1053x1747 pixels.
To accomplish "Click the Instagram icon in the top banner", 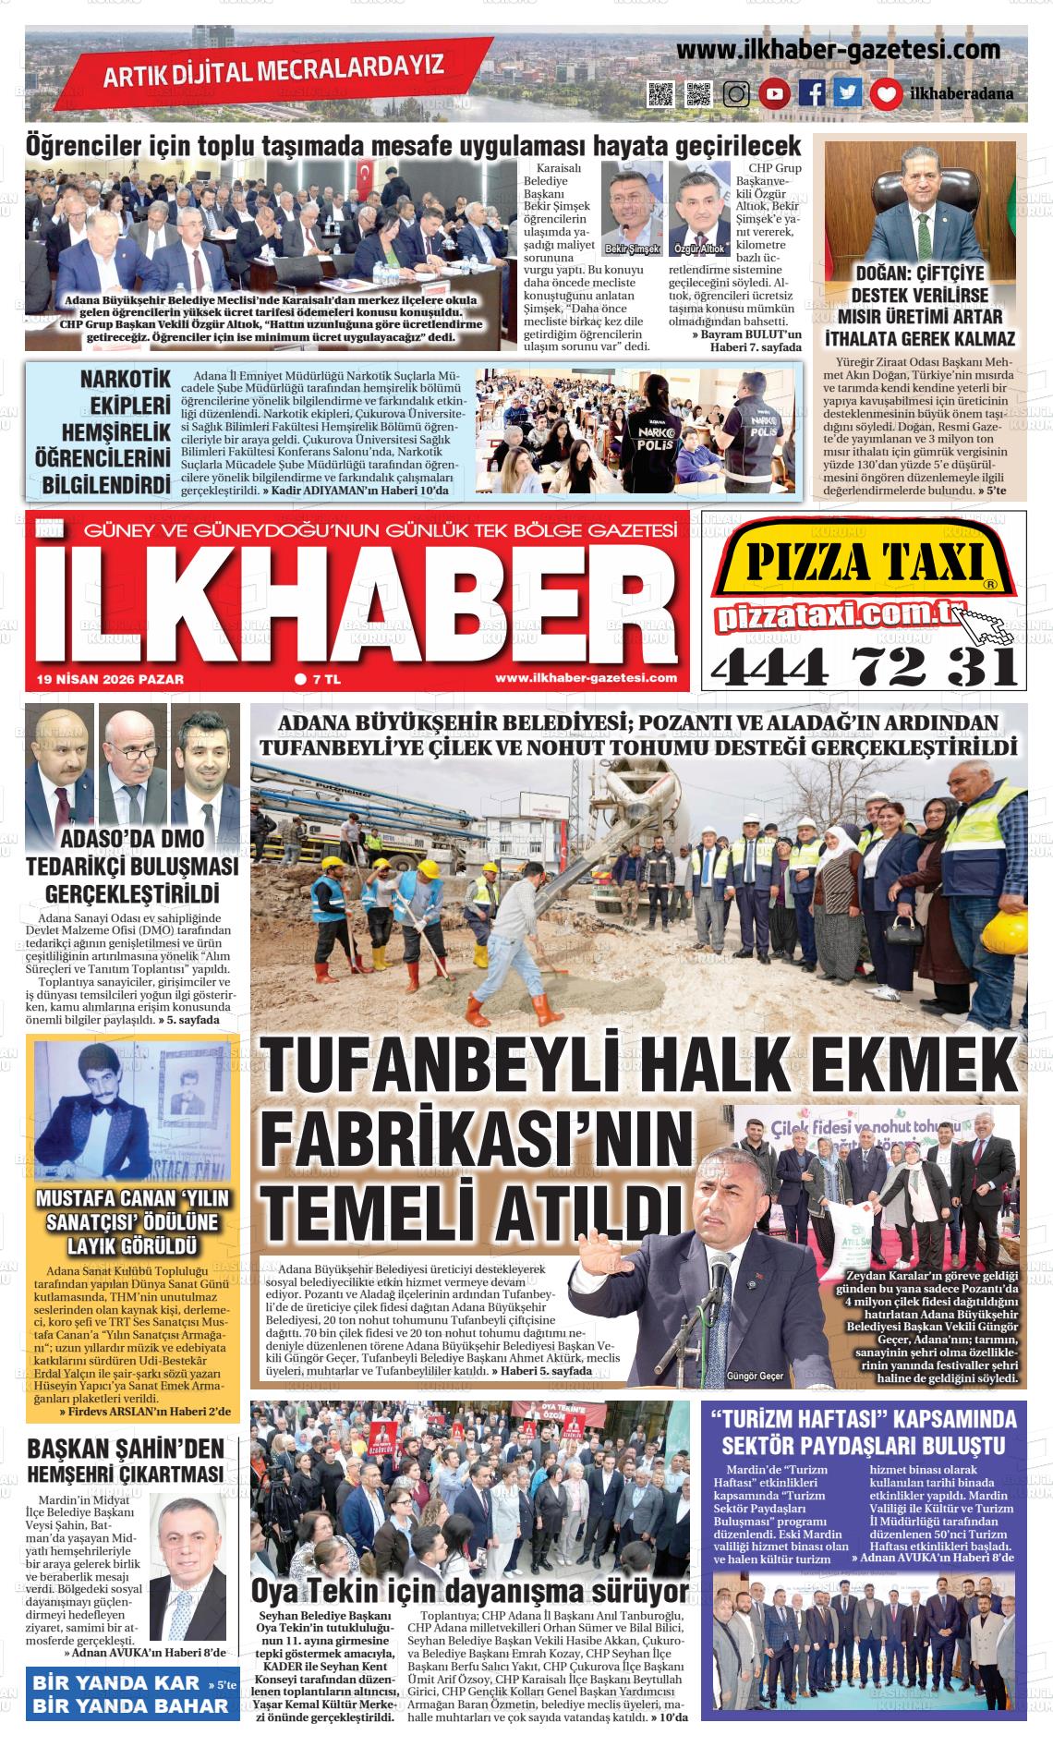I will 736,93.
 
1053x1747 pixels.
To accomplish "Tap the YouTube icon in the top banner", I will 774,93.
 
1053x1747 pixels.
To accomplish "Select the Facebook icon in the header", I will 811,93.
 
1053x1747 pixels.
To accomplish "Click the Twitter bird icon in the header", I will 848,93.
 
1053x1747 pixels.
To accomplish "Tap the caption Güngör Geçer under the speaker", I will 755,1376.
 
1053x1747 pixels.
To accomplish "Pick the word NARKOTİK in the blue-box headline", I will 127,380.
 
